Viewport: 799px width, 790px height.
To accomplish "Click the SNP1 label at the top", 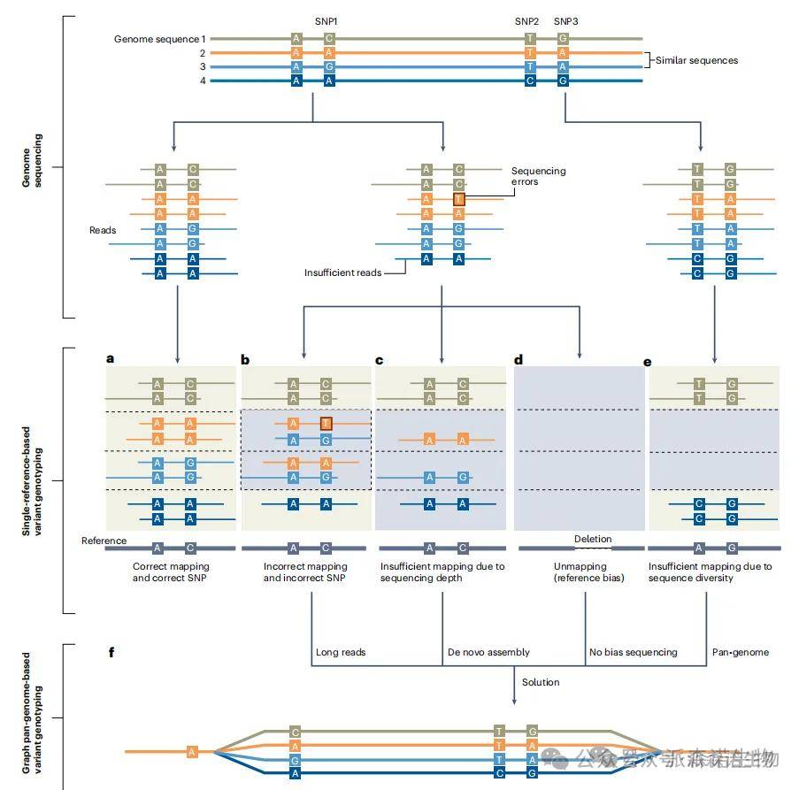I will click(327, 20).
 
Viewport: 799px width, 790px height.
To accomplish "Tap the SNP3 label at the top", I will click(565, 20).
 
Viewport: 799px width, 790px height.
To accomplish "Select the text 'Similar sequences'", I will click(696, 60).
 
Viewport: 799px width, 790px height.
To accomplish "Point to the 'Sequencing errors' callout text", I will click(538, 177).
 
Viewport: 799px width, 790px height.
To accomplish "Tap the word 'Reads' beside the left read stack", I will click(103, 230).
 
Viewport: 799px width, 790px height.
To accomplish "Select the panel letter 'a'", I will click(111, 358).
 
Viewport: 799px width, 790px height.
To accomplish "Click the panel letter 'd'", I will click(519, 358).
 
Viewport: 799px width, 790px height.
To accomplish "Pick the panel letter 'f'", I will click(111, 652).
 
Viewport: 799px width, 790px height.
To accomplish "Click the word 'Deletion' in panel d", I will click(592, 539).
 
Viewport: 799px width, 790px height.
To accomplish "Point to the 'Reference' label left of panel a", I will click(104, 541).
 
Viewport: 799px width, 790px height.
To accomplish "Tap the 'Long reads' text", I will click(340, 652).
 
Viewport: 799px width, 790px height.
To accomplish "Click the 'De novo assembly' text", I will click(488, 652).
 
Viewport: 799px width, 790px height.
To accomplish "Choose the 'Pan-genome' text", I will click(741, 652).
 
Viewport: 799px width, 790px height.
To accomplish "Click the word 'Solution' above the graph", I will click(540, 682).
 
